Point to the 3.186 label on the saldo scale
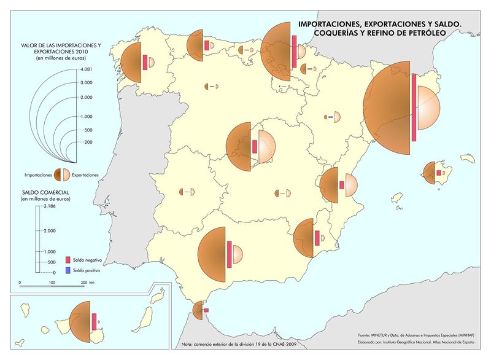click(x=48, y=207)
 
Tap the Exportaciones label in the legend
click(x=85, y=175)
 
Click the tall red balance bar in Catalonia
click(x=414, y=109)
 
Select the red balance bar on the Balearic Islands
click(x=438, y=173)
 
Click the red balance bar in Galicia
click(x=144, y=63)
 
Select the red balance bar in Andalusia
click(x=229, y=254)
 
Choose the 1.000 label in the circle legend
click(x=86, y=116)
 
